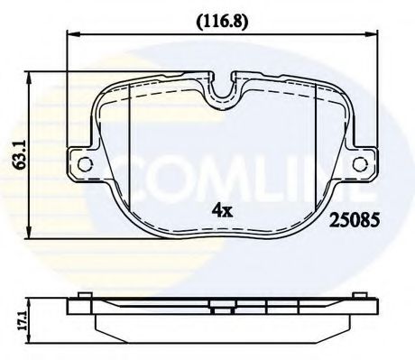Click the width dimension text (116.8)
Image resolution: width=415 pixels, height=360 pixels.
click(x=219, y=15)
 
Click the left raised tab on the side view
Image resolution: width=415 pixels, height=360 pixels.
click(x=84, y=297)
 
